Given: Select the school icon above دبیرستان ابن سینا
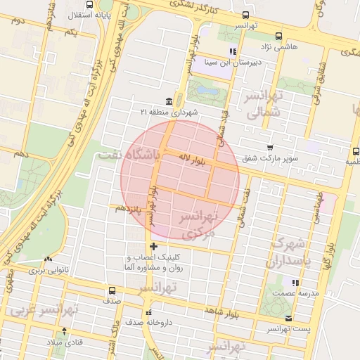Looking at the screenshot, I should pos(233,51).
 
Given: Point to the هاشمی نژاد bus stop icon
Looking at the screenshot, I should pos(279,37).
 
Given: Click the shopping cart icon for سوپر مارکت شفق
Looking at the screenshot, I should pos(270,148).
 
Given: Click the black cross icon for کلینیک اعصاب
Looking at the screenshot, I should pos(155,246).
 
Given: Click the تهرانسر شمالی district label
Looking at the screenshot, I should pos(264,103).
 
